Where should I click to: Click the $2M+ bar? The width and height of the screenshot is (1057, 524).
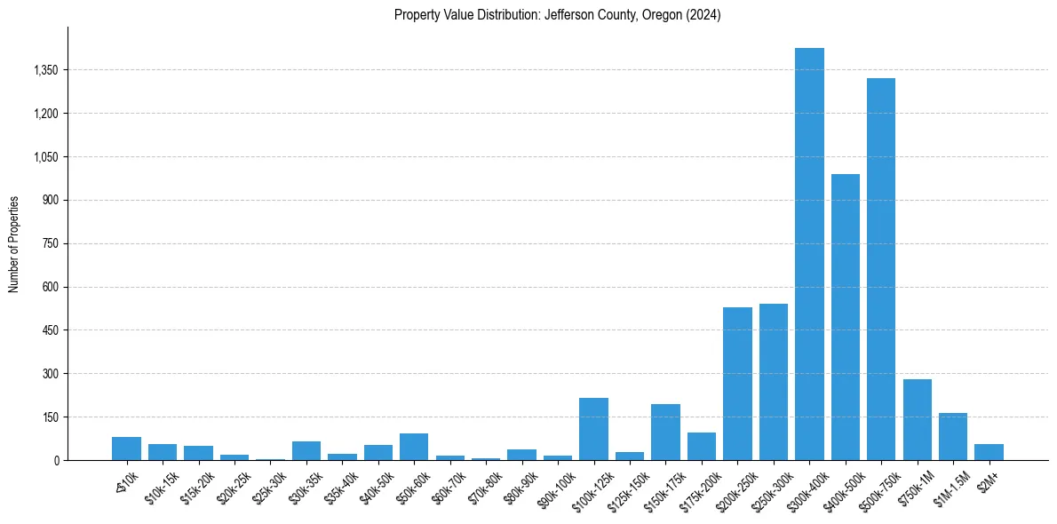tap(989, 452)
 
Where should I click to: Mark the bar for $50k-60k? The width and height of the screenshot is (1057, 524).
tap(414, 447)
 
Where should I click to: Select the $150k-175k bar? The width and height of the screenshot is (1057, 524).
tap(665, 433)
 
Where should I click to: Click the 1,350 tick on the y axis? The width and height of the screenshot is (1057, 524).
tap(45, 70)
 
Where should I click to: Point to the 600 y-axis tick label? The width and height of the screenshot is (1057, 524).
tap(50, 287)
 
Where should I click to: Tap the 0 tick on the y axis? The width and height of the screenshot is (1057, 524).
tap(55, 460)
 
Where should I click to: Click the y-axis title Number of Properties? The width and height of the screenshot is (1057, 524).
tap(13, 243)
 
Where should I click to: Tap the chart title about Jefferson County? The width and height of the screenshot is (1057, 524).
tap(557, 15)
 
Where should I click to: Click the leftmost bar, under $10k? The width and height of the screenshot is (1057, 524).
tap(127, 449)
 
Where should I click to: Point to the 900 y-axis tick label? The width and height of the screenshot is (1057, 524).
tap(50, 200)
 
